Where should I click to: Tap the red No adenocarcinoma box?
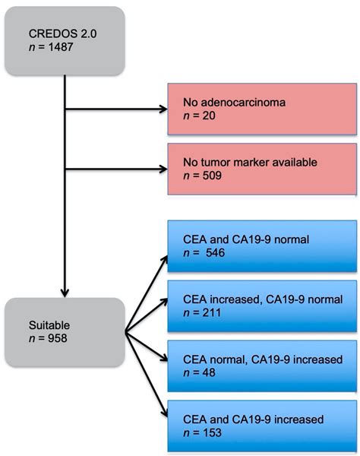pos(262,109)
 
